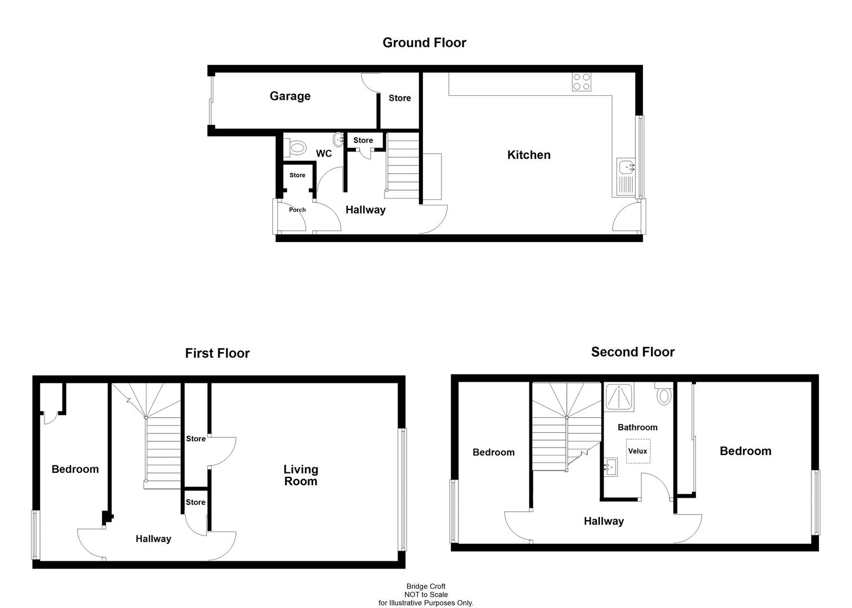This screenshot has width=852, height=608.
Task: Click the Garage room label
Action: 290,96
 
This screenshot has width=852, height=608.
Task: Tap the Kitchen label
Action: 529,155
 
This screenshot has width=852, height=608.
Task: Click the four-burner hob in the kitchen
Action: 582,82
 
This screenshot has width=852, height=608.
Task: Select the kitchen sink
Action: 626,167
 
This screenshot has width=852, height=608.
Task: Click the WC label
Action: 324,154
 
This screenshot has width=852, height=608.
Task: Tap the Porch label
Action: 297,210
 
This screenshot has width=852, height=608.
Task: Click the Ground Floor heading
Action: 424,43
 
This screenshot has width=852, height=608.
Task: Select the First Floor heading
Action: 217,354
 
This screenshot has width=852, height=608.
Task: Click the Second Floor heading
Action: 632,352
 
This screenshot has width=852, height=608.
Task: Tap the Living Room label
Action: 301,475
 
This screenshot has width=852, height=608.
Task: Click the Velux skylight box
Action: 637,451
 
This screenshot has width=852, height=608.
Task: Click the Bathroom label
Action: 637,427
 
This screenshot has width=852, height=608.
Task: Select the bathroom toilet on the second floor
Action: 664,394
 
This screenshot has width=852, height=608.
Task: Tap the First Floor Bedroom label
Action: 75,469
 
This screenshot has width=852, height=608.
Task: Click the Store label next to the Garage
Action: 400,98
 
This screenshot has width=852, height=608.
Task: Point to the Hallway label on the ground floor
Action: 365,210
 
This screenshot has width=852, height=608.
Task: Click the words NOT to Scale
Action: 426,594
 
